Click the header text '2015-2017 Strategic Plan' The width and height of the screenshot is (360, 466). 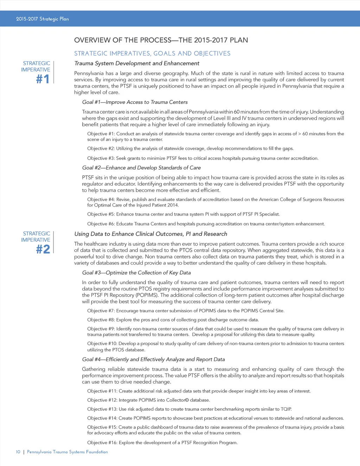[x=42, y=19]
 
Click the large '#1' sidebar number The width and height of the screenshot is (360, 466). [x=43, y=79]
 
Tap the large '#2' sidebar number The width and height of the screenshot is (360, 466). [x=43, y=249]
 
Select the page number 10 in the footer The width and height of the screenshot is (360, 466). [x=18, y=452]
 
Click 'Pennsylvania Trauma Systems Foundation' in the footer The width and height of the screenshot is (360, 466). [x=67, y=452]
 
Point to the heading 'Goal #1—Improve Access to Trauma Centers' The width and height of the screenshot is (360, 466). [x=135, y=102]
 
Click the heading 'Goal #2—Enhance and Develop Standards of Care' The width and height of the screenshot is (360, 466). [x=141, y=168]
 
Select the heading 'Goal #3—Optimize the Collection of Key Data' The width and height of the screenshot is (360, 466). [x=136, y=273]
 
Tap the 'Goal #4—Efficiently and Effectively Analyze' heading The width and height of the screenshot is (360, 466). [x=153, y=359]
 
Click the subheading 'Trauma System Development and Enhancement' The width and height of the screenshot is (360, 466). [x=137, y=63]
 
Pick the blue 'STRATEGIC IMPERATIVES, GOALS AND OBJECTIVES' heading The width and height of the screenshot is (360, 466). [x=152, y=53]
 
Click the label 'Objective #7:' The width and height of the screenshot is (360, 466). [x=101, y=311]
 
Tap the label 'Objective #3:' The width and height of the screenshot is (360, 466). [x=101, y=158]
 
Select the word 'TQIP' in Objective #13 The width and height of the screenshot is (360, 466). [x=286, y=409]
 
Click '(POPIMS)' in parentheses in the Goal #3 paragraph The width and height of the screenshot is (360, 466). [x=147, y=295]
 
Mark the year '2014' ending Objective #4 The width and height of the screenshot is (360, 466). [x=173, y=205]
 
